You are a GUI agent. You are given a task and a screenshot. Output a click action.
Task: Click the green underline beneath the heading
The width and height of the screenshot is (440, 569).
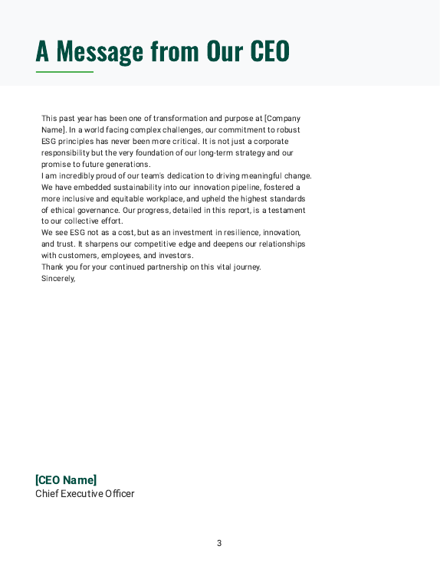pos(64,72)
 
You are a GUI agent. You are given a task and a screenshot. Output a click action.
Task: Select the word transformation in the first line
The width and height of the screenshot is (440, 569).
pos(179,119)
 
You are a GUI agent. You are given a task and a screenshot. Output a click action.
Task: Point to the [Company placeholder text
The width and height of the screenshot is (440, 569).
pos(282,119)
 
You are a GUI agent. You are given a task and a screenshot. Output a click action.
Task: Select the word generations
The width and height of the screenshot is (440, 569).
pos(128,165)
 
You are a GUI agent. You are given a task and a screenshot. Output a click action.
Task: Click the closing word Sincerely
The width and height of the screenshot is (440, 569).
pos(58,279)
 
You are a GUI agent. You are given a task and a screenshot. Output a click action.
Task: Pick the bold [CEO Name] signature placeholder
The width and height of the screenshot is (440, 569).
pos(66,480)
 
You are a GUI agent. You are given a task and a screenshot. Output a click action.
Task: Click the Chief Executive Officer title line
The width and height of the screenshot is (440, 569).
pos(85,494)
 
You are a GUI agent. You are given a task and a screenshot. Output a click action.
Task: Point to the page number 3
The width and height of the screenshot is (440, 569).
pos(219,544)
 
